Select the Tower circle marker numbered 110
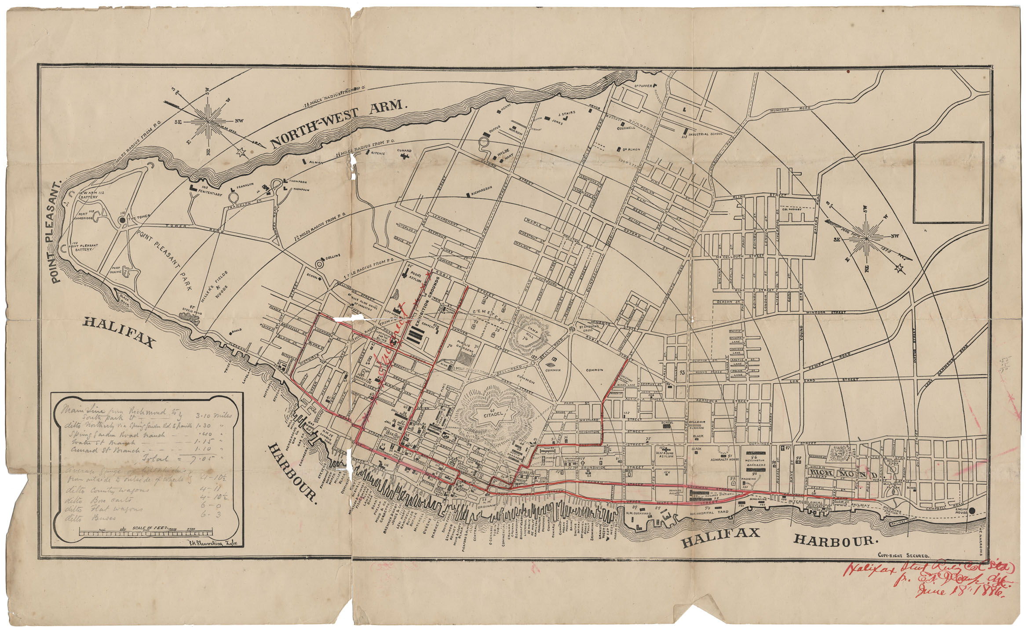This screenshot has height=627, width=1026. pos(122,219)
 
